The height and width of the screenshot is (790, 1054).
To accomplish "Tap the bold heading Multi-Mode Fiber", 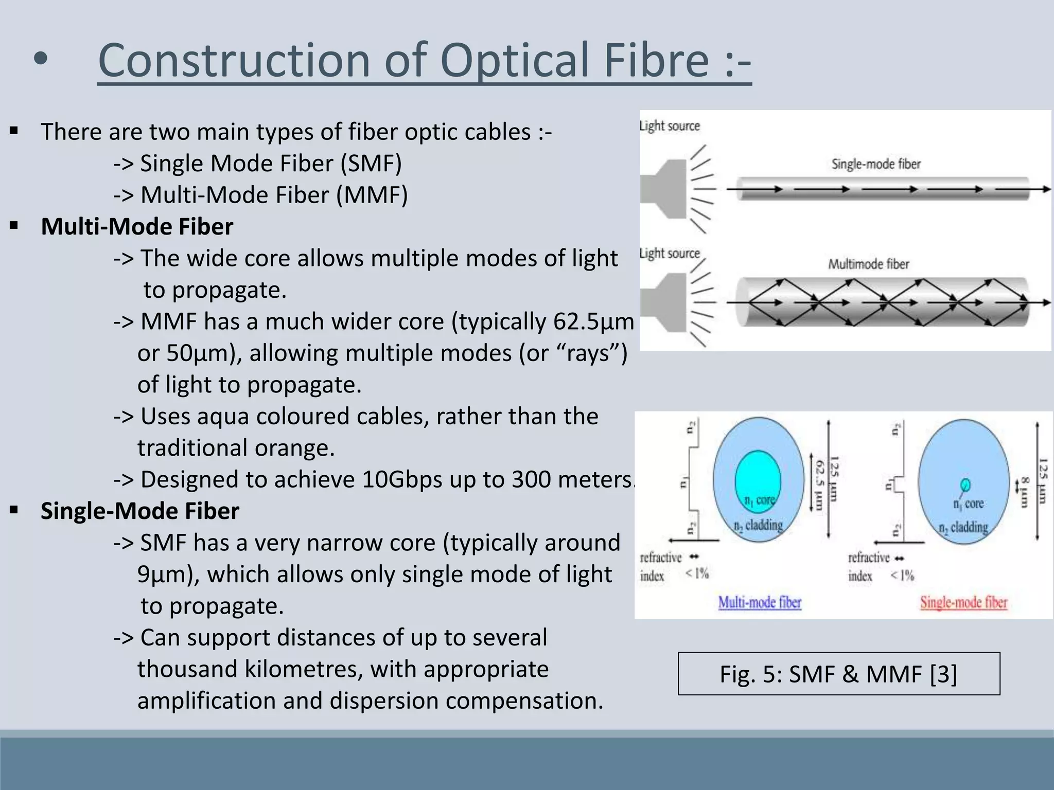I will click(x=137, y=227).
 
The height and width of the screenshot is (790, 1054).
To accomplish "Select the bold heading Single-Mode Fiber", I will click(x=139, y=511).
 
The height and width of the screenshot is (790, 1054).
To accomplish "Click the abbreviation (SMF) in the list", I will click(x=371, y=164).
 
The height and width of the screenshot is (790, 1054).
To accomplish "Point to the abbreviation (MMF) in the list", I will click(x=372, y=195).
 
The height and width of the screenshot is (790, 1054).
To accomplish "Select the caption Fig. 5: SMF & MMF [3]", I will click(x=838, y=674).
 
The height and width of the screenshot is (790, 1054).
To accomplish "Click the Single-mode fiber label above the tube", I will click(x=875, y=165).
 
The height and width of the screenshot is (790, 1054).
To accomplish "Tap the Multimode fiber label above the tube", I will click(x=868, y=264).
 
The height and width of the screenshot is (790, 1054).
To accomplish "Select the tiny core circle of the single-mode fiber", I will click(x=965, y=484).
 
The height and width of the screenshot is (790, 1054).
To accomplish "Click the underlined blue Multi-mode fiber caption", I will click(x=760, y=603).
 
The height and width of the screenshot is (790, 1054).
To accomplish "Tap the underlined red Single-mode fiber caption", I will click(x=963, y=603).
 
